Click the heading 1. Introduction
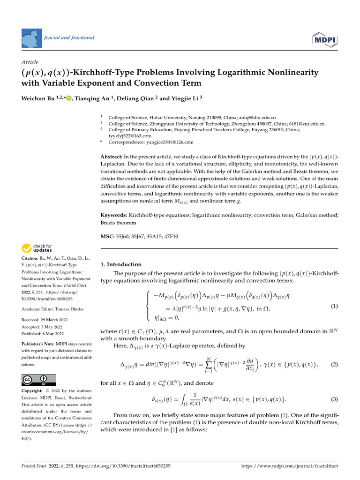[x=121, y=264]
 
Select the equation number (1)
[x=334, y=306]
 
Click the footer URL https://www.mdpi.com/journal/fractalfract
[x=289, y=466]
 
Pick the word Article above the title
[x=30, y=62]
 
